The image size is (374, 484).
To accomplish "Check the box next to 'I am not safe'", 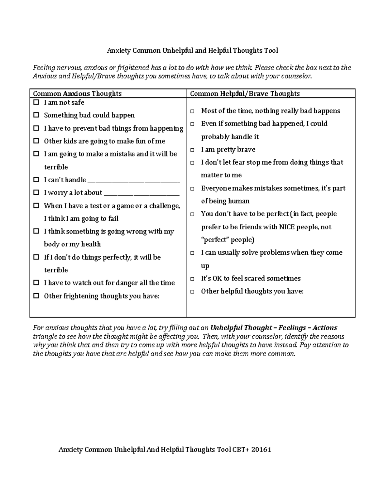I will click(36, 102).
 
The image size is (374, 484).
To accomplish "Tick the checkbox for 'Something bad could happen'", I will click(36, 115).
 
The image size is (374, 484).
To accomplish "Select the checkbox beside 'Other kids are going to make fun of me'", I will click(36, 141).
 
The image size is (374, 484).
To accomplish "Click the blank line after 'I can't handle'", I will click(134, 181).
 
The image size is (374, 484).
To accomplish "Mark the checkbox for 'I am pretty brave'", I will click(193, 150).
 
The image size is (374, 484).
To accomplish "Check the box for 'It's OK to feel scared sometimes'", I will click(193, 279).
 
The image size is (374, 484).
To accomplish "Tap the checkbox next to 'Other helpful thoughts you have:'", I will click(193, 292).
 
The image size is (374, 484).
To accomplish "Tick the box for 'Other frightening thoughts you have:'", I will click(36, 296).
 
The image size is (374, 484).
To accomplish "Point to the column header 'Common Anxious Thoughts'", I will click(77, 93).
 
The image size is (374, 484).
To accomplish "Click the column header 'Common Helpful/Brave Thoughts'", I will click(245, 93).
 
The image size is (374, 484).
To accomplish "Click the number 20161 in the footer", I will click(261, 449).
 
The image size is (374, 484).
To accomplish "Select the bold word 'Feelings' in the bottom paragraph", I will click(292, 328).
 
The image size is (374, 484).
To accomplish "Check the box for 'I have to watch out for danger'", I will click(36, 283).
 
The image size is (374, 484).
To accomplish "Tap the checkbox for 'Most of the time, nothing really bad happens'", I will click(193, 111).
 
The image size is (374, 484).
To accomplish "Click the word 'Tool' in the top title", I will click(271, 50).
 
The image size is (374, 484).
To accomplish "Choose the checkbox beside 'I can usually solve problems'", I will click(193, 253).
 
